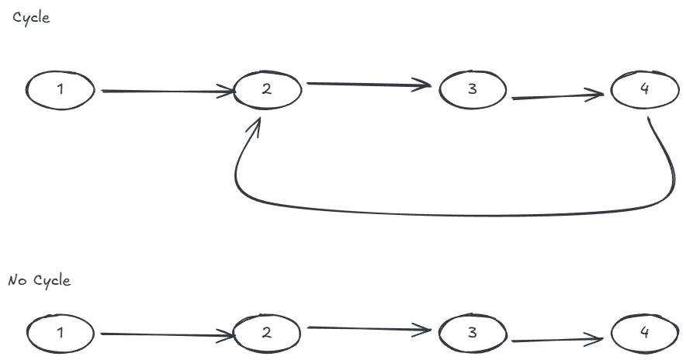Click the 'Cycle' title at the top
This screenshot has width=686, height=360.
coord(31,18)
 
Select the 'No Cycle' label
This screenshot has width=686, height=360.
coord(39,280)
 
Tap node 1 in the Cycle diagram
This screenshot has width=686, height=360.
coord(61,89)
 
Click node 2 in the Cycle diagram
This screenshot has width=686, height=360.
coord(267,89)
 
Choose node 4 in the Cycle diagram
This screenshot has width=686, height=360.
coord(645,90)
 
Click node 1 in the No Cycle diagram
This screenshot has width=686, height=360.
coord(61,333)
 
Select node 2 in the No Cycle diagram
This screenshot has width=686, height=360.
coord(267,333)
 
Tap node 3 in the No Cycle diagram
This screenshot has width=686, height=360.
coord(473,334)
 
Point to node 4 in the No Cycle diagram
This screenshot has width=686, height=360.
coord(645,334)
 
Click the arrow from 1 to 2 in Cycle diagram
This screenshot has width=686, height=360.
coord(167,92)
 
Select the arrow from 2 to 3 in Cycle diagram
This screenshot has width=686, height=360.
coord(369,84)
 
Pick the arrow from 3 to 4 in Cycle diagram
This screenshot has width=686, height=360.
coord(557,98)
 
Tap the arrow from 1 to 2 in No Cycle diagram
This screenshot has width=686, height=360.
coord(167,334)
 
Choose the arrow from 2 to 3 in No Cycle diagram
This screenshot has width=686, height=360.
coord(369,328)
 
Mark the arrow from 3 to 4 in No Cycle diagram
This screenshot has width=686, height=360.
coord(557,340)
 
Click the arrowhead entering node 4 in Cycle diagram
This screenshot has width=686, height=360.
coord(598,95)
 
